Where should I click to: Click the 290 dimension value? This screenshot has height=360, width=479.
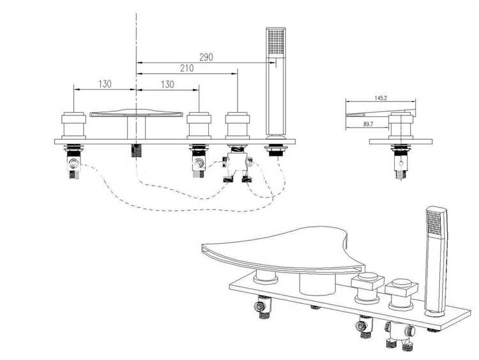206,57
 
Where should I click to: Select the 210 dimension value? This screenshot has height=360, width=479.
186,68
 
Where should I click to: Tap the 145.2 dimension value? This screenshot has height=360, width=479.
381,98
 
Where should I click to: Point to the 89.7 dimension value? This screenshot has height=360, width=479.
368,124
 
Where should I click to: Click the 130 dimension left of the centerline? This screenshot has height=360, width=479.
105,84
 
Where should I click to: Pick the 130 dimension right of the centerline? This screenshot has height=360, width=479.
167,84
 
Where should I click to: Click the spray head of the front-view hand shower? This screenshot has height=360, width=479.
276,42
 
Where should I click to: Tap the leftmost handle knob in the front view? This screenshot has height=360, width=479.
73,126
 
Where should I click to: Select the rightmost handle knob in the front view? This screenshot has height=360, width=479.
238,126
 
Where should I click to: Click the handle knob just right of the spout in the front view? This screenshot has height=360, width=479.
199,126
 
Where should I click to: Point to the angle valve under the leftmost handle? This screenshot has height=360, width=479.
74,164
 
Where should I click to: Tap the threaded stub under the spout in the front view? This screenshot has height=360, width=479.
136,150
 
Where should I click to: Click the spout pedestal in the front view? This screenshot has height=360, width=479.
136,128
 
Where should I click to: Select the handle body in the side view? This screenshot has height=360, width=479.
400,126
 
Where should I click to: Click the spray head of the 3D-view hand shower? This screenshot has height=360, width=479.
436,222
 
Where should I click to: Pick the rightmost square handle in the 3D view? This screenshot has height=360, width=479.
402,292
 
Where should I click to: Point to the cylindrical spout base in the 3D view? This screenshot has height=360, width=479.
317,284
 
